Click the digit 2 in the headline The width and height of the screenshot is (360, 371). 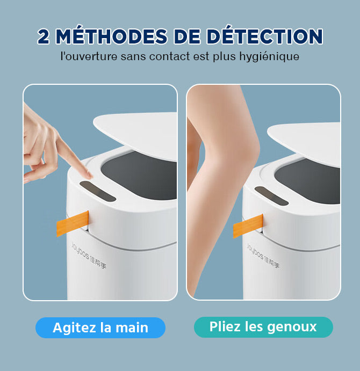[44, 37]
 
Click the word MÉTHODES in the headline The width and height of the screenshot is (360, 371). [111, 36]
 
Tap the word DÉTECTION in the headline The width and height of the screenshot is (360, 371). [264, 36]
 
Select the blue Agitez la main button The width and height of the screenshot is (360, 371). [100, 328]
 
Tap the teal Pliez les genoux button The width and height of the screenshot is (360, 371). [263, 327]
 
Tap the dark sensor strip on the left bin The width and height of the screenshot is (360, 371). [98, 192]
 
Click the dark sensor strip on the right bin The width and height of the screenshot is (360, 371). [272, 195]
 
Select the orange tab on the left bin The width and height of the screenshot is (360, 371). [73, 223]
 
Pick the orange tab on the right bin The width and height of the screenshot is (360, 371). [248, 226]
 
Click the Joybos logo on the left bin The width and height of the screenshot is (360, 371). [89, 255]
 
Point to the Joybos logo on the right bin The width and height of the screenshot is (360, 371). [263, 256]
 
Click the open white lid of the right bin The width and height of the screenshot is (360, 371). [304, 142]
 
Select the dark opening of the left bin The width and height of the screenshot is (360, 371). [140, 176]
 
